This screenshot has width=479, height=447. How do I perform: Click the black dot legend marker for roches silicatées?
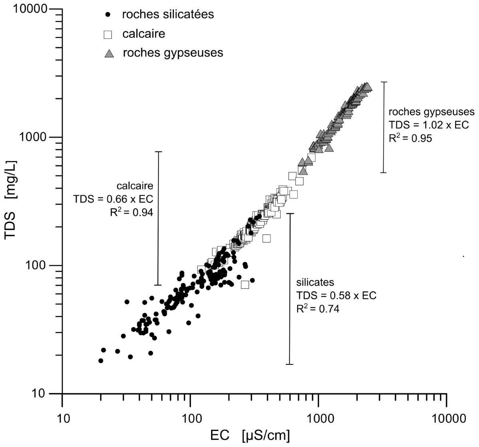pos(107,15)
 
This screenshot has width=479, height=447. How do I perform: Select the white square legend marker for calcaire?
pos(107,34)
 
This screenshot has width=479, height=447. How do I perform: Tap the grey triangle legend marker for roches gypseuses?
pos(109,54)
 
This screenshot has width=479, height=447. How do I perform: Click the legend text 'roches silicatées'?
pos(168,14)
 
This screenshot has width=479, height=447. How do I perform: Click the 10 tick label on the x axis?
pos(62,419)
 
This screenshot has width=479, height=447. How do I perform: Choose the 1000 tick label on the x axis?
pos(318,419)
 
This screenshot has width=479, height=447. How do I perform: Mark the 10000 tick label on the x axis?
pos(446,419)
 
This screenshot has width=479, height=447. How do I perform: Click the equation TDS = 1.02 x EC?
pos(429,125)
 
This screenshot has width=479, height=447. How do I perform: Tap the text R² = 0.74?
pos(318,308)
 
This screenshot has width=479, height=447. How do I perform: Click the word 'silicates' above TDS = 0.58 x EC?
pos(315,282)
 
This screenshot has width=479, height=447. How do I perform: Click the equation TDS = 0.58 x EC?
pos(336,295)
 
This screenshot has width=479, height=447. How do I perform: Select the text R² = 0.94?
pos(131,213)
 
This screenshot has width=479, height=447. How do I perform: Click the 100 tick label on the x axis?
pos(190,419)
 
